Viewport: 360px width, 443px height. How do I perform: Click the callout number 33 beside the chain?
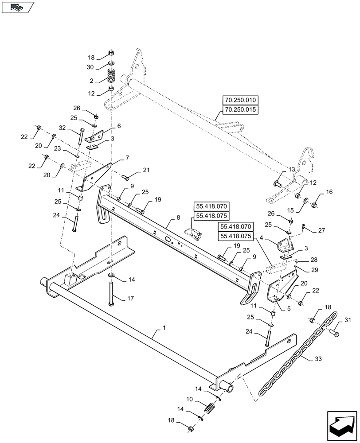318,359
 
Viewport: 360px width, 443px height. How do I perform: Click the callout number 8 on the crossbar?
178,218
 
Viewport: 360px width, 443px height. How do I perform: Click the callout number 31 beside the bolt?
347,320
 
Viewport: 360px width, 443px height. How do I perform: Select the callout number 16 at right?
329,192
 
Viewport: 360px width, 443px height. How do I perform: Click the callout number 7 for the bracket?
127,158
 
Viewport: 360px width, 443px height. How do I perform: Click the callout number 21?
146,170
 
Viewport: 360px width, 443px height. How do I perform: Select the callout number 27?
321,230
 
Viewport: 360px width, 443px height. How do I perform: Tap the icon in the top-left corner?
18,7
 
